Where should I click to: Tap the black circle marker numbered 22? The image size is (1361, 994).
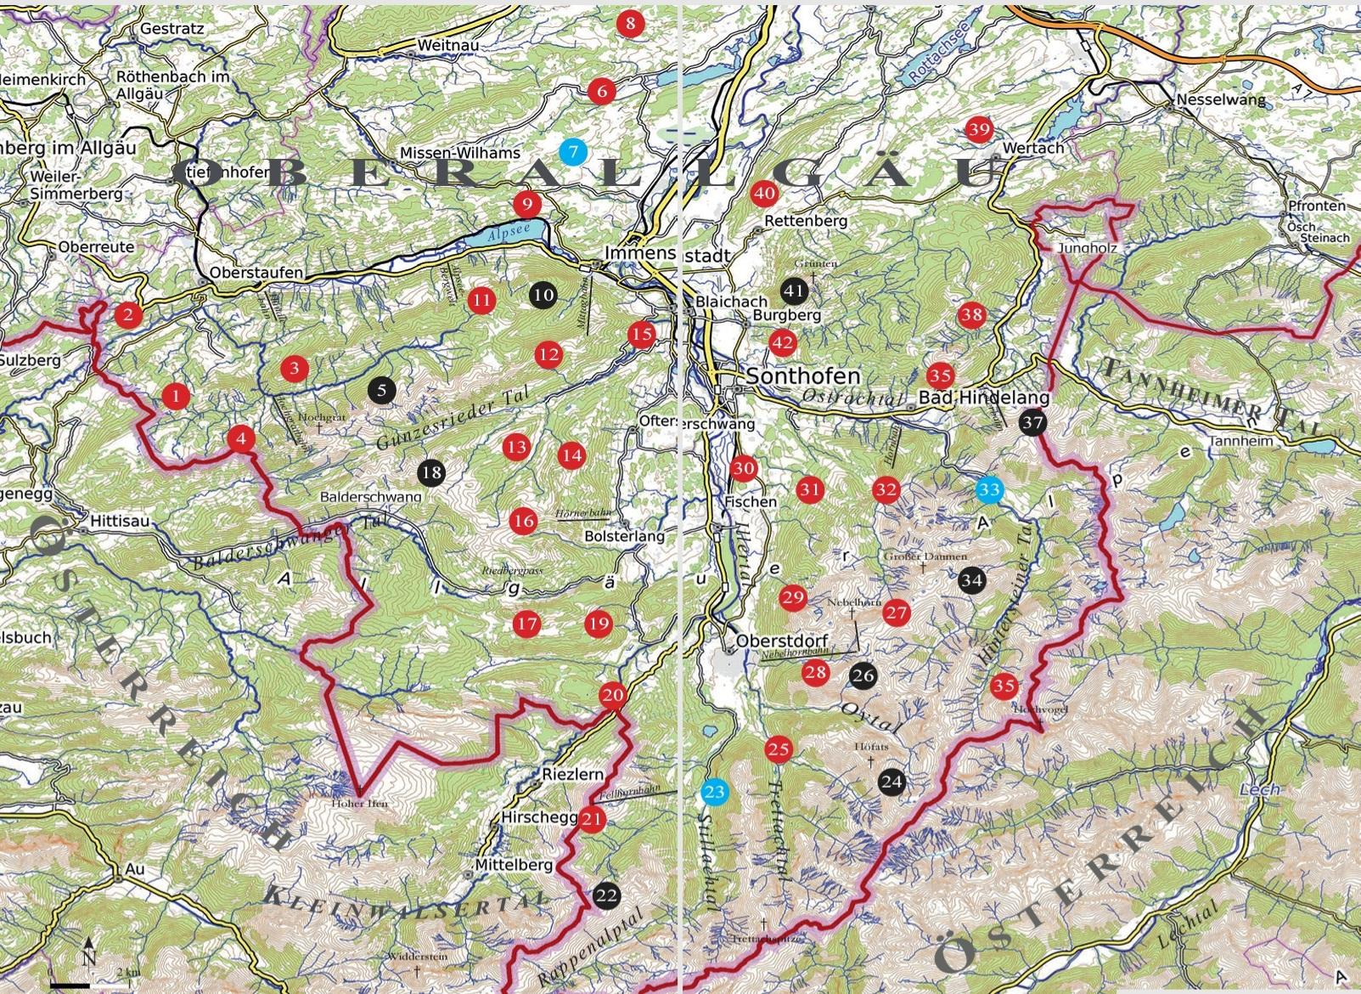[x=607, y=895]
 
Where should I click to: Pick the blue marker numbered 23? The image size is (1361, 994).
[x=714, y=793]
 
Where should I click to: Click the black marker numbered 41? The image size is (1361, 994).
[x=793, y=291]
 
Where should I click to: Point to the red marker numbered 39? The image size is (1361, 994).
[x=979, y=129]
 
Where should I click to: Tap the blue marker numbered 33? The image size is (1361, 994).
[x=988, y=489]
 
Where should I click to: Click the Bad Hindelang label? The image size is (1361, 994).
[x=985, y=398]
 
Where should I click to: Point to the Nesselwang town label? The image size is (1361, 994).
[x=1220, y=99]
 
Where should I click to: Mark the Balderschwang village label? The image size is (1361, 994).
[x=371, y=496]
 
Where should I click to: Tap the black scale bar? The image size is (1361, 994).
[x=70, y=984]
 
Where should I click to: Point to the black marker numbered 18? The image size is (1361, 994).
[x=432, y=472]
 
